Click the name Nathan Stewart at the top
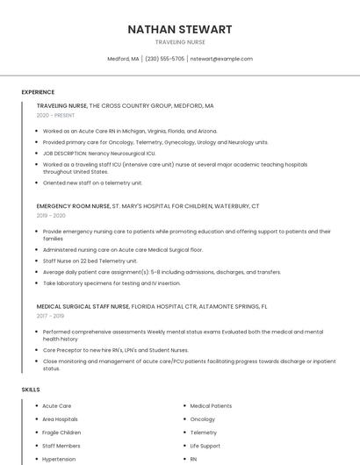180,29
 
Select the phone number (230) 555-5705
164,59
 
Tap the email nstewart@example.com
221,59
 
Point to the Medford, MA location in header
123,59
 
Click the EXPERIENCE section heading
38,92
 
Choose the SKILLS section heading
31,389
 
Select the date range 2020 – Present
55,115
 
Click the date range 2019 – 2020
51,215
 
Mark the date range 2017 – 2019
50,316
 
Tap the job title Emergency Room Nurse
74,205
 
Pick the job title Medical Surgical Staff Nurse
83,306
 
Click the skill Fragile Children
61,433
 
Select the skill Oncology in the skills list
202,419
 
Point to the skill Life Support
205,446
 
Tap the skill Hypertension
59,459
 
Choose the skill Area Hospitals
60,419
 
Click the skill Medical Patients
211,406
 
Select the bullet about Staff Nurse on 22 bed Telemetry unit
90,261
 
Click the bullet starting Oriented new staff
92,182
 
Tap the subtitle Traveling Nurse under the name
180,42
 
